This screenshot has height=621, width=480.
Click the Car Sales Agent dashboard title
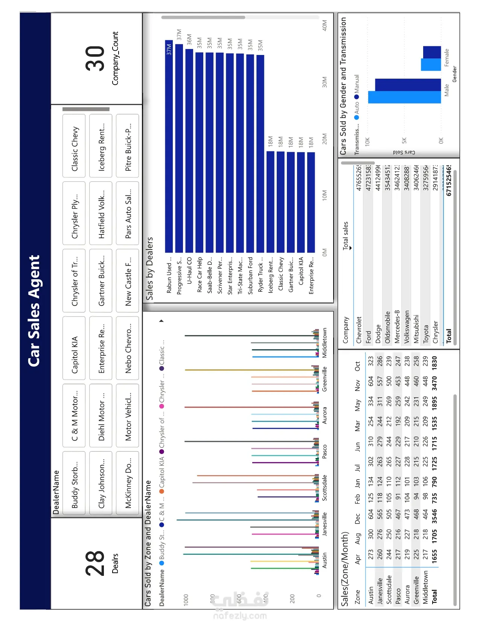[34, 310]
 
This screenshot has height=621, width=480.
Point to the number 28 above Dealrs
[94, 563]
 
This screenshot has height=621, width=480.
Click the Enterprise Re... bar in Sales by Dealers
[311, 202]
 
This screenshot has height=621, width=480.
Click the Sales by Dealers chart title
[149, 268]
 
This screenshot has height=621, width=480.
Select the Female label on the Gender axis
[447, 57]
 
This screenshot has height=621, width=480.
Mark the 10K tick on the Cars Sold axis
[367, 141]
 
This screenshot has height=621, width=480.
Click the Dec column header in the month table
[358, 518]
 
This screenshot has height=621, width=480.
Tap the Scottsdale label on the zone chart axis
[325, 487]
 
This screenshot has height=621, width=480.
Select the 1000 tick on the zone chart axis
[186, 599]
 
